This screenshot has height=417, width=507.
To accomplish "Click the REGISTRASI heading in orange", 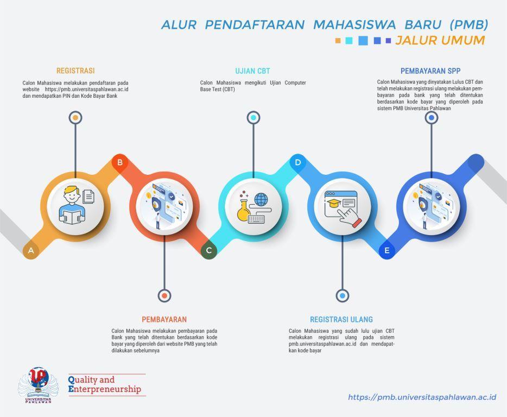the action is coord(75,71).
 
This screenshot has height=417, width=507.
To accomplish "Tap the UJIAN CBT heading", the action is coord(252,71).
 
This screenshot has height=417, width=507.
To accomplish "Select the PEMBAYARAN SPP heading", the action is coord(430,71).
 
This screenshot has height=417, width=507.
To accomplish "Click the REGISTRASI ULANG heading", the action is coord(341,319).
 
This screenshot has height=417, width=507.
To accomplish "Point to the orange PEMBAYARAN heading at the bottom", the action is coord(164,319).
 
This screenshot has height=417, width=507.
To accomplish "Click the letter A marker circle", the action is coord(31,250).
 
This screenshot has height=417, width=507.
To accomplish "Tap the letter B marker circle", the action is coord(120,162).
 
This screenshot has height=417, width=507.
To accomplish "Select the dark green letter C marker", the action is coord(209,250).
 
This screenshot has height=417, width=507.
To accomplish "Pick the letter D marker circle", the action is coord(298,162).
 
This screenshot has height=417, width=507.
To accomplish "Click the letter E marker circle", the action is coord(386,250).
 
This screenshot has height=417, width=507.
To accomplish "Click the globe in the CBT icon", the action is coord(261,200).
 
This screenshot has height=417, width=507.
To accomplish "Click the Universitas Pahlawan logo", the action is coord(38,385).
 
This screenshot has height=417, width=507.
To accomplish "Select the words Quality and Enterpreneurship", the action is coord(105,384).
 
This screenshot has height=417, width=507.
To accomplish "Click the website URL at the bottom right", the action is coord(422,397).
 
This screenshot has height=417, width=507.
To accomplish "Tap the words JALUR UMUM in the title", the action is coord(440,40).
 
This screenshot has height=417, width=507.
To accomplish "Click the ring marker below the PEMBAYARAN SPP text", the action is coord(432,118).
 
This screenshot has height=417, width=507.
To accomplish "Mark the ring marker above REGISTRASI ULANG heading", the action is coord(343,295).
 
